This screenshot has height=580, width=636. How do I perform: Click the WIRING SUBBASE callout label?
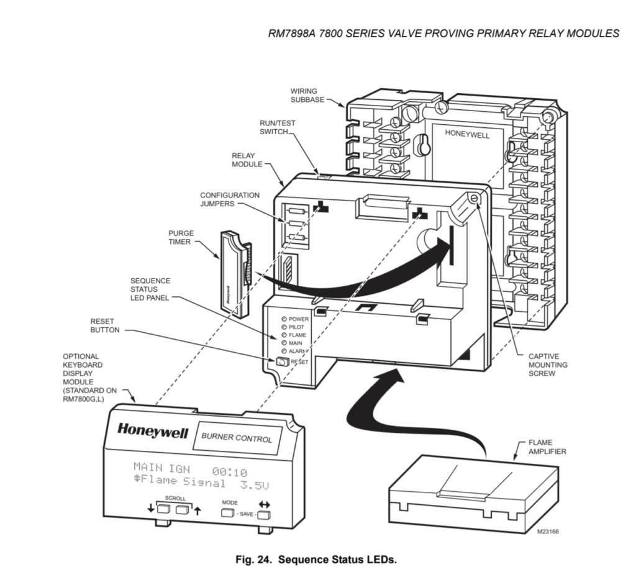click(x=307, y=95)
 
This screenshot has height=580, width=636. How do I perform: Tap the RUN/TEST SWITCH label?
click(x=278, y=127)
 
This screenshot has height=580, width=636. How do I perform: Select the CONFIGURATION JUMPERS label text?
click(x=230, y=199)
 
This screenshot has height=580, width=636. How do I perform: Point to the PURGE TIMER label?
click(x=181, y=237)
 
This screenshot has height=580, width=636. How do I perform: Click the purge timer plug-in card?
click(x=232, y=270)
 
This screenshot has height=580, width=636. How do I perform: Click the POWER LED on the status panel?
click(x=284, y=319)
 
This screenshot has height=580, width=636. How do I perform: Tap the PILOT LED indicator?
click(x=284, y=327)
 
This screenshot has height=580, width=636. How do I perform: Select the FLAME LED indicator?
click(x=284, y=335)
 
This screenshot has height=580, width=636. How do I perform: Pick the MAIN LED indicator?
click(x=284, y=343)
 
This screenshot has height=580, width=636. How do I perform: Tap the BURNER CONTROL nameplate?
click(x=237, y=437)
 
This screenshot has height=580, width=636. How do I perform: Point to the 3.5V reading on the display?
click(x=257, y=483)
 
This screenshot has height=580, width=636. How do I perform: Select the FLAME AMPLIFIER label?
click(x=547, y=447)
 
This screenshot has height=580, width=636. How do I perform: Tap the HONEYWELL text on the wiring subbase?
click(x=467, y=134)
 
